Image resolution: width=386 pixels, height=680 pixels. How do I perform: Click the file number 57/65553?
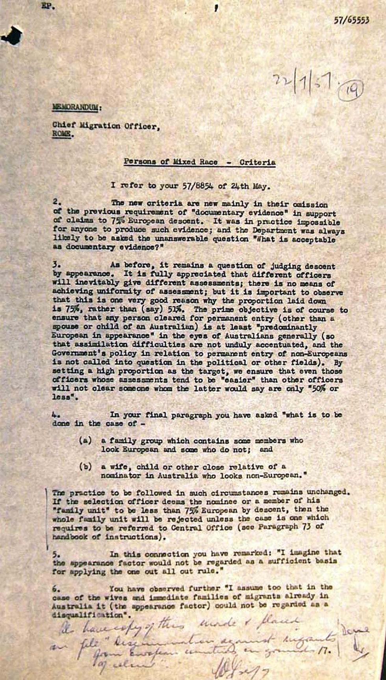(351, 20)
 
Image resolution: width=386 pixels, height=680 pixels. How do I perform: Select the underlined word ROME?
(62, 134)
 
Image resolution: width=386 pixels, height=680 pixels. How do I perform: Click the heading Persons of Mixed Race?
(171, 162)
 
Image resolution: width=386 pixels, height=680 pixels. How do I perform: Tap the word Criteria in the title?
(257, 162)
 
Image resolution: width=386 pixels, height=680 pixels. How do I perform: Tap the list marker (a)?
(85, 441)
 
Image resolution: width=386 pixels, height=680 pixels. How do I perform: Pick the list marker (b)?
(85, 467)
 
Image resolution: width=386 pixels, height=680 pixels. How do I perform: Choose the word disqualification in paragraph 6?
(87, 614)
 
